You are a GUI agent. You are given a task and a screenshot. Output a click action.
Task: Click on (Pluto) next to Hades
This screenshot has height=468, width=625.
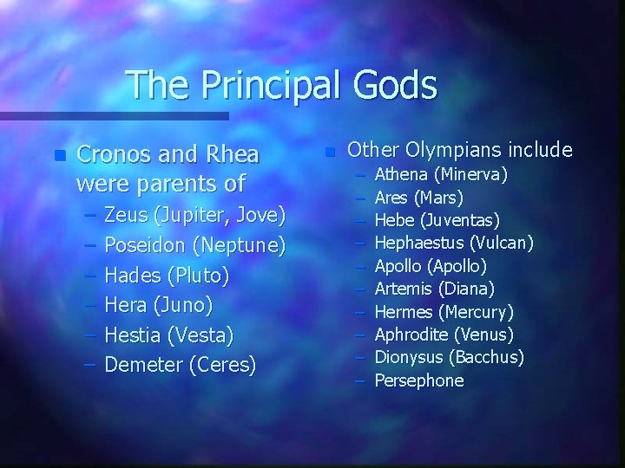pos(201,276)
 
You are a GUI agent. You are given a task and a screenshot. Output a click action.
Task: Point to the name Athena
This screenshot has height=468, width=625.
pos(401,175)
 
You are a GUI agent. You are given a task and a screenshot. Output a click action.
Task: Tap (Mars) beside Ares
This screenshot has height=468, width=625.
pos(439,198)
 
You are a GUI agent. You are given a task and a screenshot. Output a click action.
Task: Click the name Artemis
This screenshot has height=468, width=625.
pos(404,289)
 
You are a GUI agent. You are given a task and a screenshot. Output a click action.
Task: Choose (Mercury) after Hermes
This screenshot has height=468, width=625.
pos(477,311)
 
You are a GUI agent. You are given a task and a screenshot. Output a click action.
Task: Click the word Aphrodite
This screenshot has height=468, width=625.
pos(412,335)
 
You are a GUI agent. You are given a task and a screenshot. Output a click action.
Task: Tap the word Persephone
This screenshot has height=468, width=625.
pos(419,380)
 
